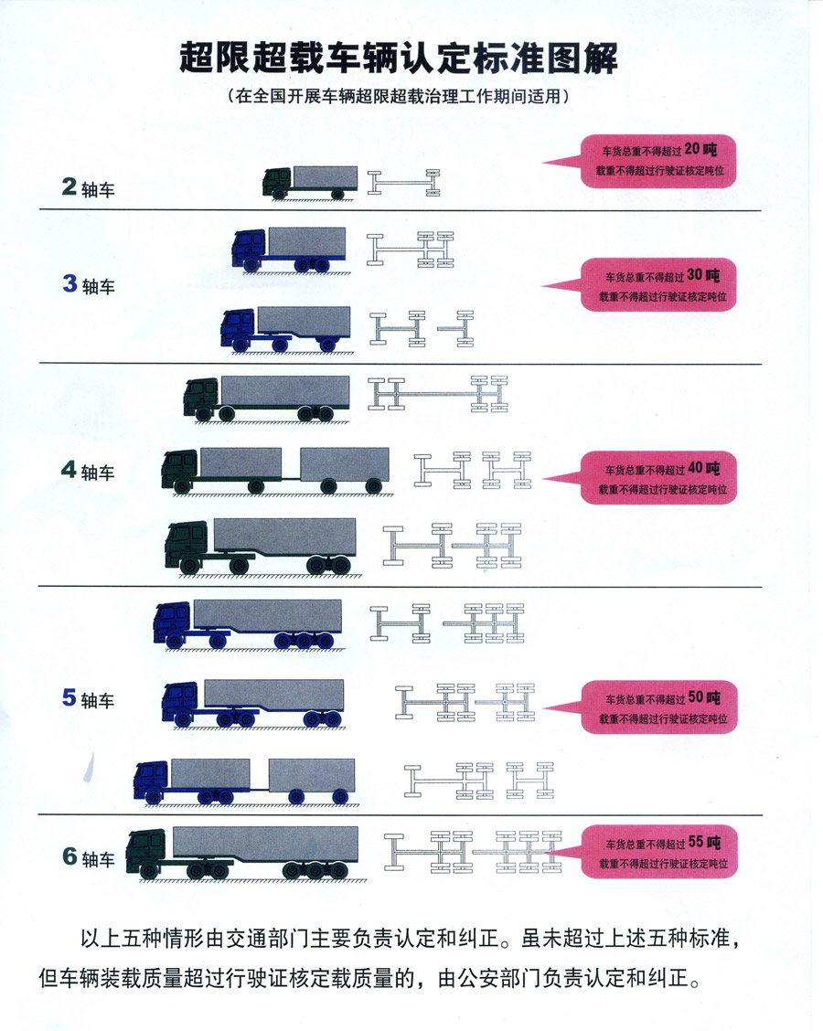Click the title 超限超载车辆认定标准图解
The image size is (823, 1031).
(399, 58)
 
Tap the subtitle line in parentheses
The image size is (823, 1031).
(399, 95)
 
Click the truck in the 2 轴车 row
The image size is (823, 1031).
(307, 181)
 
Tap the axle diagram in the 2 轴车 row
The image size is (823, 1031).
(402, 181)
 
